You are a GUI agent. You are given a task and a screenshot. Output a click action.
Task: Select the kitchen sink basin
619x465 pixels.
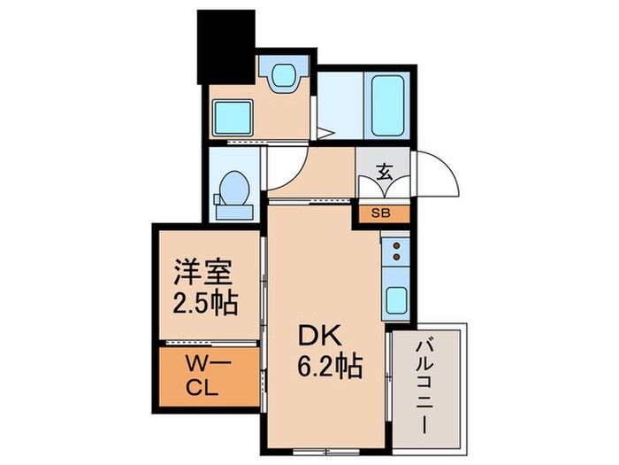point(395,301)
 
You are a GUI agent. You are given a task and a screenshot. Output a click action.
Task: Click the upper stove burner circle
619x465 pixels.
point(396,244)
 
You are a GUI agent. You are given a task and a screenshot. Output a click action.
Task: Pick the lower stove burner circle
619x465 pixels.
point(396,257)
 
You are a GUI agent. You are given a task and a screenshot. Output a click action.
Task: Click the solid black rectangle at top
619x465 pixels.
point(225,44)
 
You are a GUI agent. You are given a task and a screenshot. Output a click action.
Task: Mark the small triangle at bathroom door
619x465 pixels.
point(326,134)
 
